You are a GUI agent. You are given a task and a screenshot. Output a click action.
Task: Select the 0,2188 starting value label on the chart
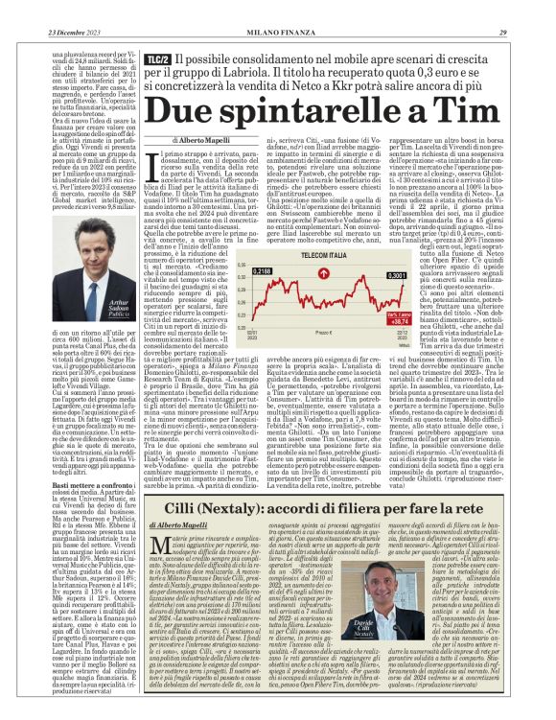click(x=260, y=272)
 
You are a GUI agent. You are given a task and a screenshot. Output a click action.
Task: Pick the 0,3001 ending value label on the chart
click(x=394, y=275)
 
